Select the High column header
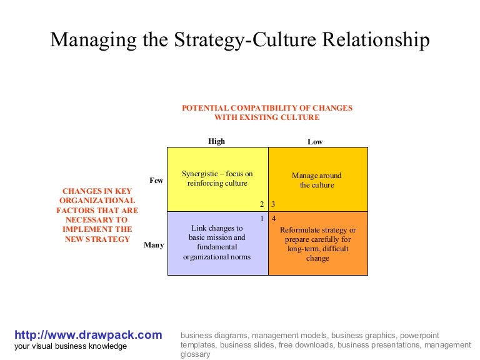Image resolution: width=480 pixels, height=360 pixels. pos(216,141)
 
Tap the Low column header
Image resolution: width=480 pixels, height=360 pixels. pos(315,142)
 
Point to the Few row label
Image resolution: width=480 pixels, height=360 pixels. pos(156,181)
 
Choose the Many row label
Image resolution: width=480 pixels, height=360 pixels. pos(154,245)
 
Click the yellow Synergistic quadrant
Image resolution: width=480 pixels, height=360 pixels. pos(217,179)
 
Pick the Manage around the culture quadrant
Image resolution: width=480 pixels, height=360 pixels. pos(317,180)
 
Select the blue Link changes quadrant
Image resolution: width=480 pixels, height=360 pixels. pos(217,242)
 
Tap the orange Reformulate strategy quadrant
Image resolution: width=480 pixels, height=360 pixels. pos(317,244)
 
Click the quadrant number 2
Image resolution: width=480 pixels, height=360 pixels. pos(262,204)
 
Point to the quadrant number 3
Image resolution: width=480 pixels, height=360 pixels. pos(274,204)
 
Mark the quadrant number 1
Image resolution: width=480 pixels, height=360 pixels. pos(262,219)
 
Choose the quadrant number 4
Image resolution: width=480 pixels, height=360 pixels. pos(274,219)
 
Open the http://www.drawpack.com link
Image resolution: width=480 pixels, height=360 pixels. pos(88,334)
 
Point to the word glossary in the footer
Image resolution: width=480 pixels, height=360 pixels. pos(196,354)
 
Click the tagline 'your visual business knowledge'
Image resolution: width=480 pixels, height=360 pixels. pos(70,346)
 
